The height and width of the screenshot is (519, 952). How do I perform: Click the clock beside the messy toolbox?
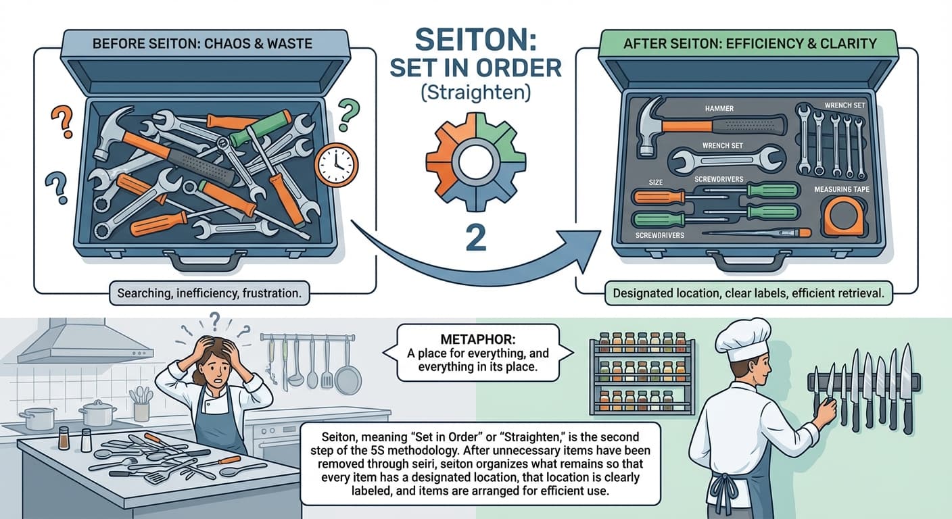click(x=336, y=165)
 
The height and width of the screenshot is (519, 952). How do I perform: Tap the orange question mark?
click(x=62, y=121)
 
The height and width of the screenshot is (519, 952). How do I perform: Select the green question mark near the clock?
click(x=348, y=114)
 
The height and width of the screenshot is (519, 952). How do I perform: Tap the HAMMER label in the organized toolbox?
click(x=718, y=108)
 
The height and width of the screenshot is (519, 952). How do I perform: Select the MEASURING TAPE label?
click(x=842, y=190)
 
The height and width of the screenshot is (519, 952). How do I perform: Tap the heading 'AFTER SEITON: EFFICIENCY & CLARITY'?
click(x=750, y=44)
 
